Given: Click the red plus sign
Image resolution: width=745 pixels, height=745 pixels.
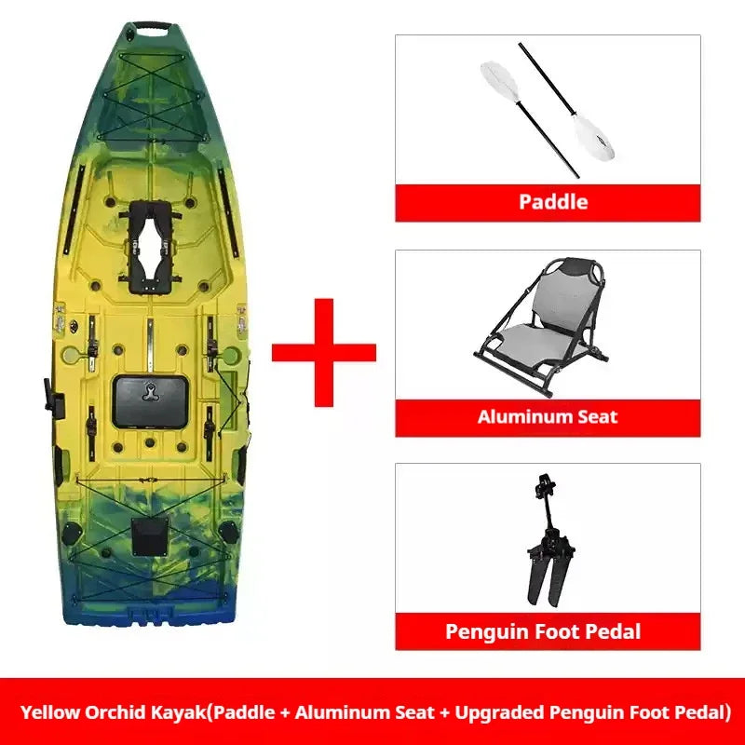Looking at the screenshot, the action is (x=324, y=353).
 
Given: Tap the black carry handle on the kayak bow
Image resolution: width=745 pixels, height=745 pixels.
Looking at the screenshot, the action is (x=152, y=26).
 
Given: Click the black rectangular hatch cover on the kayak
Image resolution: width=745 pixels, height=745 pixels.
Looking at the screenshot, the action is (x=151, y=401).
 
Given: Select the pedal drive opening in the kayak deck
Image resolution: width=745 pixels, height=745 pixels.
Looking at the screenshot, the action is (x=150, y=247).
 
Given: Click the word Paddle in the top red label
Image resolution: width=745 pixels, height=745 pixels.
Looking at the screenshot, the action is (x=553, y=202).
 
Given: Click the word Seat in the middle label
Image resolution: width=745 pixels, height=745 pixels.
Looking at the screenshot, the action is (x=597, y=416).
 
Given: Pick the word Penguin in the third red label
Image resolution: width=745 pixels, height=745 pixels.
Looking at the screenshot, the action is (x=486, y=632).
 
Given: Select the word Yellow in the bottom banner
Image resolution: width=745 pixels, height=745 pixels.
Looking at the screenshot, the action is (x=50, y=712).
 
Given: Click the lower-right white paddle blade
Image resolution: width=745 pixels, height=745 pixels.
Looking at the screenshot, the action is (x=593, y=137).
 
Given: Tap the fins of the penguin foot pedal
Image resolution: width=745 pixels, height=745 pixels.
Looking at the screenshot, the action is (x=548, y=580).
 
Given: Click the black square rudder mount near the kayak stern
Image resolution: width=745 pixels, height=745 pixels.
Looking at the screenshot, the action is (x=149, y=536).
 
